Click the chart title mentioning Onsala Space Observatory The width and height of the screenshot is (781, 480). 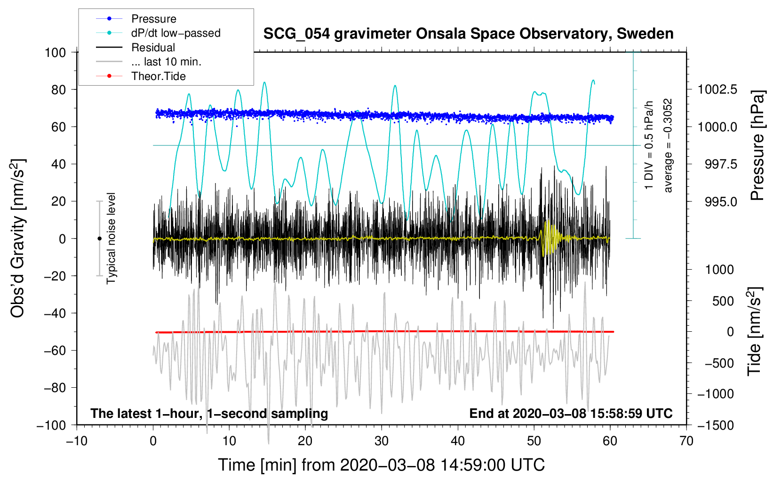[468, 34]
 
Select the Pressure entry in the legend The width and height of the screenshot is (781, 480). [153, 19]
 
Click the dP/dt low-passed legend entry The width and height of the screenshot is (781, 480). [175, 33]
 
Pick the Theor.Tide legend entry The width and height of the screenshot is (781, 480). [159, 76]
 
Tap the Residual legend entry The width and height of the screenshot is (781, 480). [153, 48]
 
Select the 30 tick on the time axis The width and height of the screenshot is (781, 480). [382, 441]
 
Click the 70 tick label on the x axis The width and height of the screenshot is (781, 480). [686, 441]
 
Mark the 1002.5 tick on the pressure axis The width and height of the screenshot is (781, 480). [717, 89]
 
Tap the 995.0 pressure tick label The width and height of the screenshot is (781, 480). [721, 201]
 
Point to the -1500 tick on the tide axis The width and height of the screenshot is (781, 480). [716, 425]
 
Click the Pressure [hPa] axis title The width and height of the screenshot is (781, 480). [757, 146]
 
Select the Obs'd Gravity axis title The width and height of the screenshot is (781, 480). [18, 239]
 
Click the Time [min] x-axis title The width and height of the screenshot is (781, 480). [382, 465]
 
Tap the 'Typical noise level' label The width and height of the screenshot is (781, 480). [111, 239]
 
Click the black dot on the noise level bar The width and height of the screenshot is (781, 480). [99, 239]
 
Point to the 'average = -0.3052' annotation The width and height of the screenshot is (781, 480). [668, 145]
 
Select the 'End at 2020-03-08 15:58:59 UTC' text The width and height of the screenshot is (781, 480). [571, 414]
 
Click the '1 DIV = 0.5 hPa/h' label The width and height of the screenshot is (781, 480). [649, 145]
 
